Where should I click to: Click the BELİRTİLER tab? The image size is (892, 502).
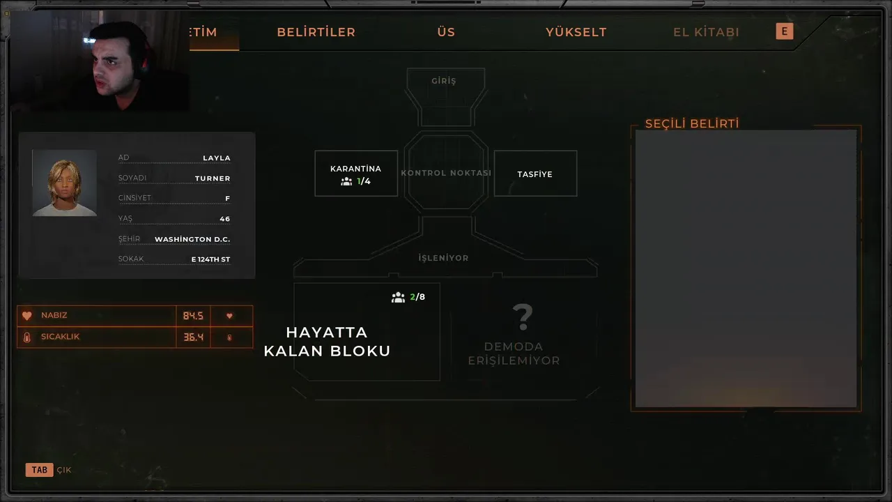click(316, 32)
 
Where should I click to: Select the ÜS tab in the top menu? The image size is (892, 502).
click(446, 32)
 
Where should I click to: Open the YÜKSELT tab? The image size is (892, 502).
click(576, 32)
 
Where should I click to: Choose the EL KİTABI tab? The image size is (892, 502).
click(706, 32)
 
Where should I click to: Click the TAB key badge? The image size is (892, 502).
click(39, 470)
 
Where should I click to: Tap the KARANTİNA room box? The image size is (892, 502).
click(356, 174)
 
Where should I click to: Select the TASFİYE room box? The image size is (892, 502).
click(535, 174)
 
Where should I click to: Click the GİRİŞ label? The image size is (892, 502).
click(444, 81)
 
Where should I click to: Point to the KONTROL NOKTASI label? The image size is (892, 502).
click(446, 173)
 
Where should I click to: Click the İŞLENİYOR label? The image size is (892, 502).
click(443, 258)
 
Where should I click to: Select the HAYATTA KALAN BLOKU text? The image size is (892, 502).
click(327, 342)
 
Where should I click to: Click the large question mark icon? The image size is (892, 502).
click(522, 317)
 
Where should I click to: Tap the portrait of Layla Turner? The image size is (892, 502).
click(64, 183)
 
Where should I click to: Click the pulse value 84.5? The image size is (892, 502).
click(193, 316)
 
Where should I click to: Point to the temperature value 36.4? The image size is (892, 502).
click(193, 337)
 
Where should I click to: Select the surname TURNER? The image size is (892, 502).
click(213, 178)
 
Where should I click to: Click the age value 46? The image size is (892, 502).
click(224, 219)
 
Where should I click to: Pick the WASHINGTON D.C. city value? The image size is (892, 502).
click(192, 239)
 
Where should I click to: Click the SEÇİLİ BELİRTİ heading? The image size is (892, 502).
click(691, 124)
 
